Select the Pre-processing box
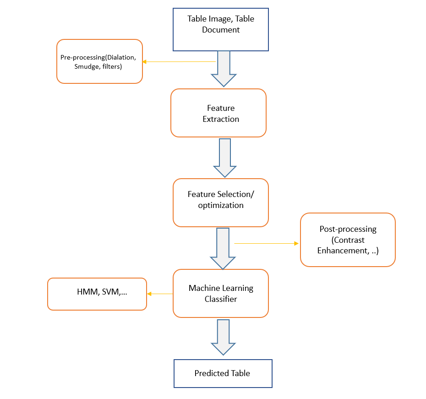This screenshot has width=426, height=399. (x=99, y=61)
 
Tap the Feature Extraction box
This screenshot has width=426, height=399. (x=218, y=113)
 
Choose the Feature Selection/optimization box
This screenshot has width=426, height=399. (x=220, y=202)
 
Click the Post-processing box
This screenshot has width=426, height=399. (x=348, y=240)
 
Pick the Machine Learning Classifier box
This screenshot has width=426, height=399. (x=220, y=293)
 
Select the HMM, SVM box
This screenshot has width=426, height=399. (x=97, y=294)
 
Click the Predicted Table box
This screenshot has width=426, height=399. (x=223, y=373)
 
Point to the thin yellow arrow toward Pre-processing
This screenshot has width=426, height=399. (x=179, y=61)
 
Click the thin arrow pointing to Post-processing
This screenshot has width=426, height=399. (x=266, y=244)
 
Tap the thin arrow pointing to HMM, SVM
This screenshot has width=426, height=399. (x=160, y=294)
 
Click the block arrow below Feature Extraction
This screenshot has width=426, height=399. (x=224, y=158)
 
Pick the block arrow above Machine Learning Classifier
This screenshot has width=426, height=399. (x=223, y=248)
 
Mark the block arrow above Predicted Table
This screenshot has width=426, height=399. (x=223, y=337)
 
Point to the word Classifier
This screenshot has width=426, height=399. (x=221, y=299)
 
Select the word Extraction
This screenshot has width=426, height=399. (x=221, y=119)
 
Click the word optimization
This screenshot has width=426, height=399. (x=221, y=205)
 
